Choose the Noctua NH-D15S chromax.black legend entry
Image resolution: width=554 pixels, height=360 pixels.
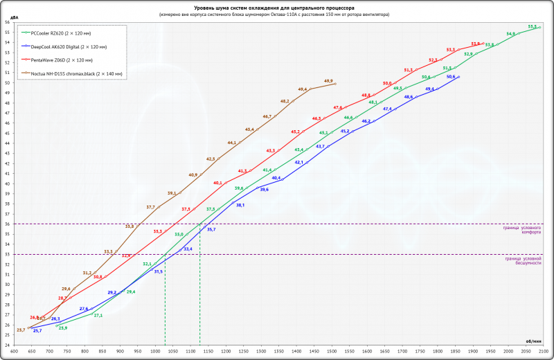click(76, 73)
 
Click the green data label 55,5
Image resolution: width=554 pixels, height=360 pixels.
click(532, 26)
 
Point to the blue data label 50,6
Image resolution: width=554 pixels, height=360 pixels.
click(451, 76)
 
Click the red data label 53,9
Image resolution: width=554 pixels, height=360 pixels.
click(475, 43)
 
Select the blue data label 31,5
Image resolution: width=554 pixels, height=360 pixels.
click(159, 271)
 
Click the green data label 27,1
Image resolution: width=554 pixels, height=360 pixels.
click(98, 315)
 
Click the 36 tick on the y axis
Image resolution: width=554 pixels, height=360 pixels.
click(7, 224)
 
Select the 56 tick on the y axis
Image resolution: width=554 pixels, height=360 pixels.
click(7, 22)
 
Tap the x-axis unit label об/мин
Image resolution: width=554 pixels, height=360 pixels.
click(534, 340)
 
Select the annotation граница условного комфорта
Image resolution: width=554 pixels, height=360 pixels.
click(522, 230)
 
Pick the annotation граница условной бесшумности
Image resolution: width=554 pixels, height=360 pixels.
click(523, 260)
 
